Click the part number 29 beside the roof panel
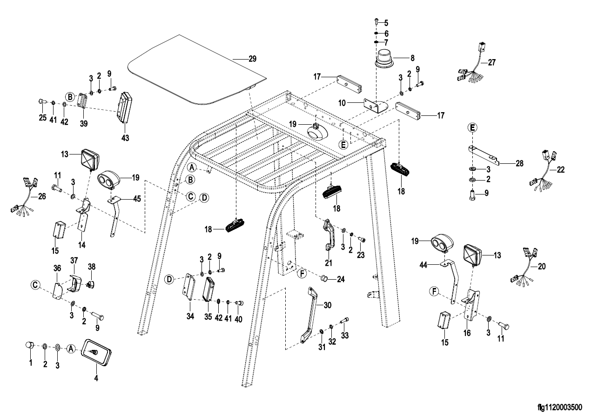pyautogui.click(x=252, y=59)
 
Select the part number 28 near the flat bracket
pyautogui.click(x=519, y=163)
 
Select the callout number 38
pyautogui.click(x=91, y=267)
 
